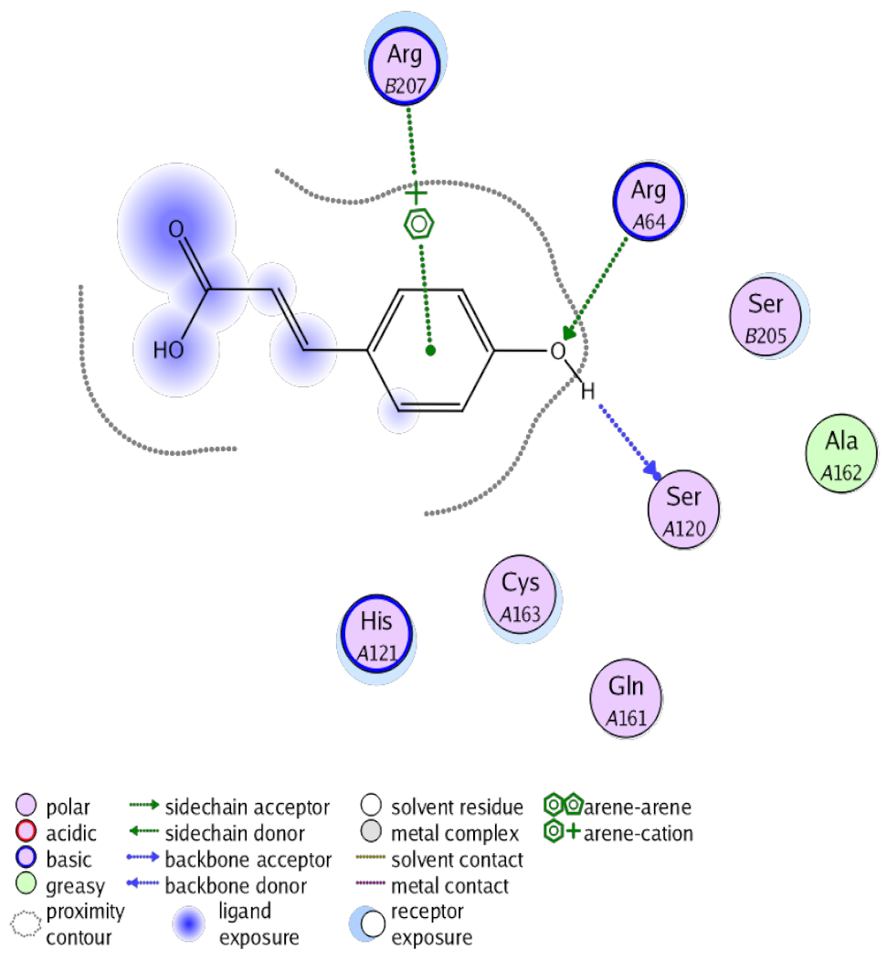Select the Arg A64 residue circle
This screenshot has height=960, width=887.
pyautogui.click(x=649, y=202)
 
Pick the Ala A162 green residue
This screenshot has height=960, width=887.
pyautogui.click(x=840, y=454)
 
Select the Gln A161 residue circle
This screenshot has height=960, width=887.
pyautogui.click(x=626, y=699)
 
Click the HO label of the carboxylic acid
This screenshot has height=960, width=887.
pyautogui.click(x=168, y=349)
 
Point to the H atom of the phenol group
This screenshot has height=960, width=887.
pyautogui.click(x=588, y=390)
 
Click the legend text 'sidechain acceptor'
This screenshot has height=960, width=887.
pyautogui.click(x=247, y=807)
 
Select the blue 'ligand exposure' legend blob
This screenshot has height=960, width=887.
pyautogui.click(x=188, y=924)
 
